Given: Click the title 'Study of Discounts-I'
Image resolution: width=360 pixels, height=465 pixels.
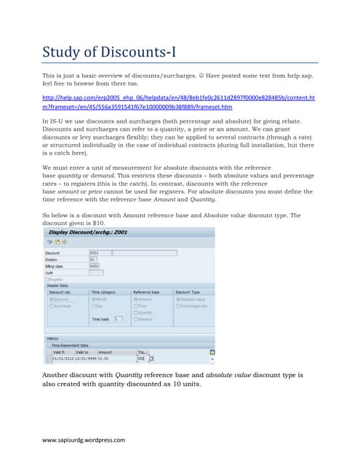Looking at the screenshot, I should (x=108, y=52).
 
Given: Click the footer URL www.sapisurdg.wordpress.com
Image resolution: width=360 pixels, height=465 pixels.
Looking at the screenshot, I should (x=84, y=440).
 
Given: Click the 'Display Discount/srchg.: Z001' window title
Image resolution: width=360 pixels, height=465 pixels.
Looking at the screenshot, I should (x=87, y=232).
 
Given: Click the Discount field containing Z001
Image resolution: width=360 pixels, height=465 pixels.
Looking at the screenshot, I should (x=100, y=253).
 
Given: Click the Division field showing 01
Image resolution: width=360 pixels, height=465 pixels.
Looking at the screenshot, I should (x=93, y=259).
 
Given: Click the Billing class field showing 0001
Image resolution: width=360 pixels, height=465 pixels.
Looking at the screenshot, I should (x=95, y=266).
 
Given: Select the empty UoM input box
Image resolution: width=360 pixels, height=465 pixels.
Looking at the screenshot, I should (x=95, y=272).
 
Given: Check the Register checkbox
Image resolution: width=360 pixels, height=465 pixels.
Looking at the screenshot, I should (x=47, y=279).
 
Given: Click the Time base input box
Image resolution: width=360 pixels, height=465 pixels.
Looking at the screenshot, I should (x=118, y=319).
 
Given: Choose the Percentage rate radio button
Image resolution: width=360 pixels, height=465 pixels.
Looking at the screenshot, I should (x=177, y=306).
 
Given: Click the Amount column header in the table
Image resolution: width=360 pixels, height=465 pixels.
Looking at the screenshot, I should (x=105, y=352).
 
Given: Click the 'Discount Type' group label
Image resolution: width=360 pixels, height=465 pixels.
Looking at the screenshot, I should (x=188, y=292).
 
